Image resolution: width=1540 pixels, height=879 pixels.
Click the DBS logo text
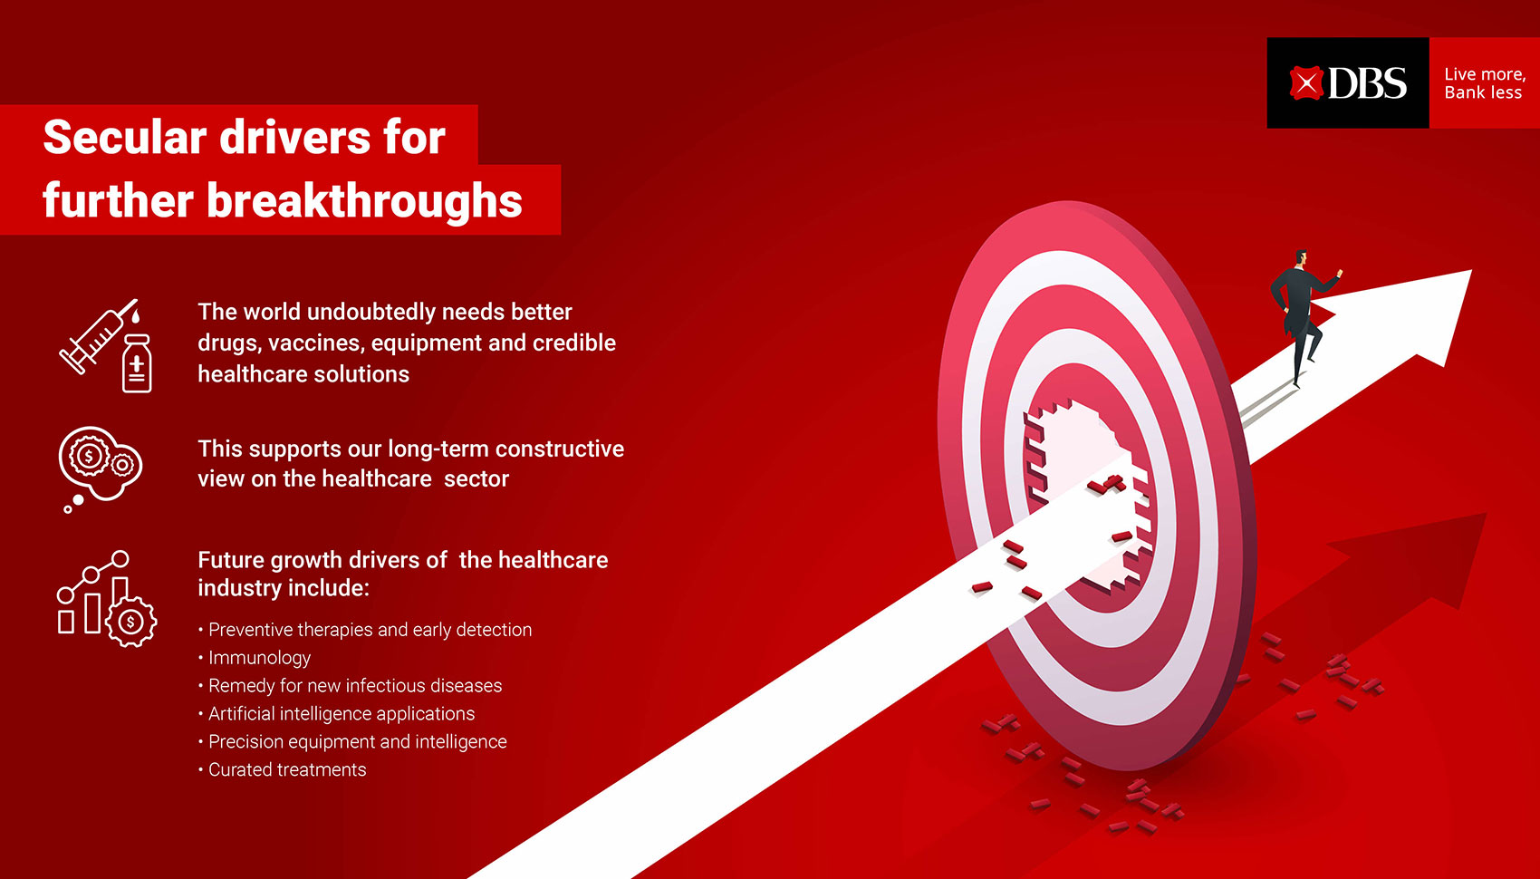coord(1367,83)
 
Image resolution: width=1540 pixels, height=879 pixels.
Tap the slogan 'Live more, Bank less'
coord(1485,83)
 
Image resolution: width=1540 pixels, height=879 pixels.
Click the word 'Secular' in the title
coord(125,137)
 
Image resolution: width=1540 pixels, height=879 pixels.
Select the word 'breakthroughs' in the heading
coord(364,200)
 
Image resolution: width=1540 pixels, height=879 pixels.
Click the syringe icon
coord(99,336)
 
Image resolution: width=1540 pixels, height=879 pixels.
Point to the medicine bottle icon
coord(137,364)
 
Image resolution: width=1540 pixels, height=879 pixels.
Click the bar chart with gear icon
coord(107,598)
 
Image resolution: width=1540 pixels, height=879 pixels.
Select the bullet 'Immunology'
coord(259,658)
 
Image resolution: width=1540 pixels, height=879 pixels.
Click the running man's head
coord(1301,258)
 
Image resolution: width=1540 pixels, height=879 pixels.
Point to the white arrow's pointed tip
coord(1471,270)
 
